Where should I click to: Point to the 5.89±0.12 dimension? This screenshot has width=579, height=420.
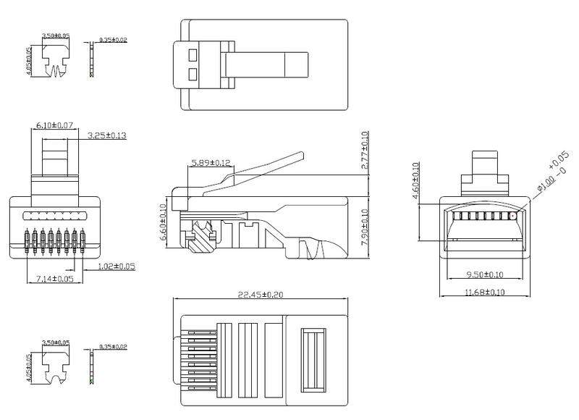[211, 163]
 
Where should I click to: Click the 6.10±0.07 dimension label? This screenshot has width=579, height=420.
[55, 126]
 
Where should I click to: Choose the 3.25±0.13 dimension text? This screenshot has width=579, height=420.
[106, 136]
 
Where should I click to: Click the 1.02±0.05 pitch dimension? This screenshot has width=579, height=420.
[117, 266]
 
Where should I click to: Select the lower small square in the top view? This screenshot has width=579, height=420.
[193, 73]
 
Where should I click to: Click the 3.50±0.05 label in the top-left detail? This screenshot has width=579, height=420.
[56, 35]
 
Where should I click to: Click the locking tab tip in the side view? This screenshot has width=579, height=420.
[300, 155]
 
